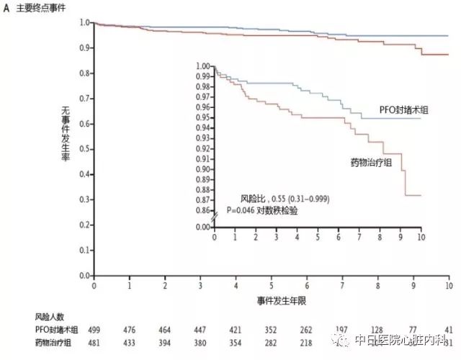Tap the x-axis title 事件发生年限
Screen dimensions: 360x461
[272, 297]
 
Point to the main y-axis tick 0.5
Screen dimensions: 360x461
[86, 149]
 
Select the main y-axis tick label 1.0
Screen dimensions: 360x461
[86, 22]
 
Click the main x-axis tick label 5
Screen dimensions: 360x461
[272, 285]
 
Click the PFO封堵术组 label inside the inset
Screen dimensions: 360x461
[403, 109]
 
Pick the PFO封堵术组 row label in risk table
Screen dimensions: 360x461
[55, 330]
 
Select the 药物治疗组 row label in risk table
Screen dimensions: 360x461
[54, 342]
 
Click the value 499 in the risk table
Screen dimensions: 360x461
[94, 330]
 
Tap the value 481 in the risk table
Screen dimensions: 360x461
[94, 342]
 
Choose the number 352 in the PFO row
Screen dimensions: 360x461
[272, 330]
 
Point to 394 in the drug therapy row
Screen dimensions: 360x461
[165, 342]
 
